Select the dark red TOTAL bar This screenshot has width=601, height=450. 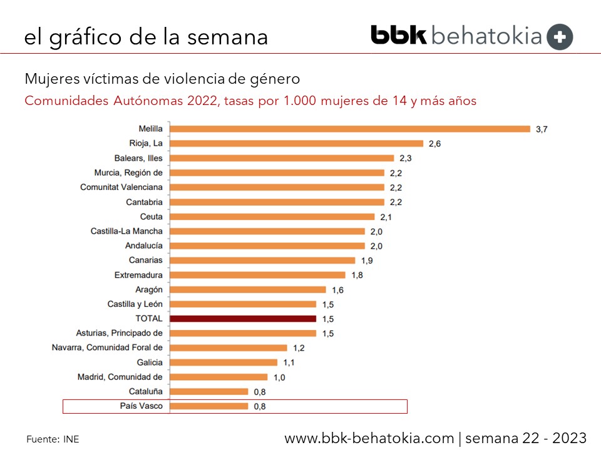[243, 319]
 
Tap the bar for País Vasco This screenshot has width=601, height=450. [209, 406]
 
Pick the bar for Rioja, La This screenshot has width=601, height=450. [297, 144]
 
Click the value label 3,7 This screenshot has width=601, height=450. [542, 129]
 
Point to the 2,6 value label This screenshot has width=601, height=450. [434, 144]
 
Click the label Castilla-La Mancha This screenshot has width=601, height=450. [126, 231]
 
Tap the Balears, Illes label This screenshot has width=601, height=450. [138, 158]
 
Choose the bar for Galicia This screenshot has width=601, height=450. [223, 362]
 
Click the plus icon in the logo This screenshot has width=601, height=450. [559, 37]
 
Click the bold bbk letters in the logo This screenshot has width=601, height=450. [398, 35]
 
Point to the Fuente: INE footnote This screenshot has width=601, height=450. [53, 439]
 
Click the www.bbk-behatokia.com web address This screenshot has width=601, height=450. [369, 438]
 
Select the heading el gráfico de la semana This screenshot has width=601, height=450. [146, 37]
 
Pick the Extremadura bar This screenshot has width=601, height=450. [257, 275]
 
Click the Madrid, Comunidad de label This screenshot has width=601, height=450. [120, 377]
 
